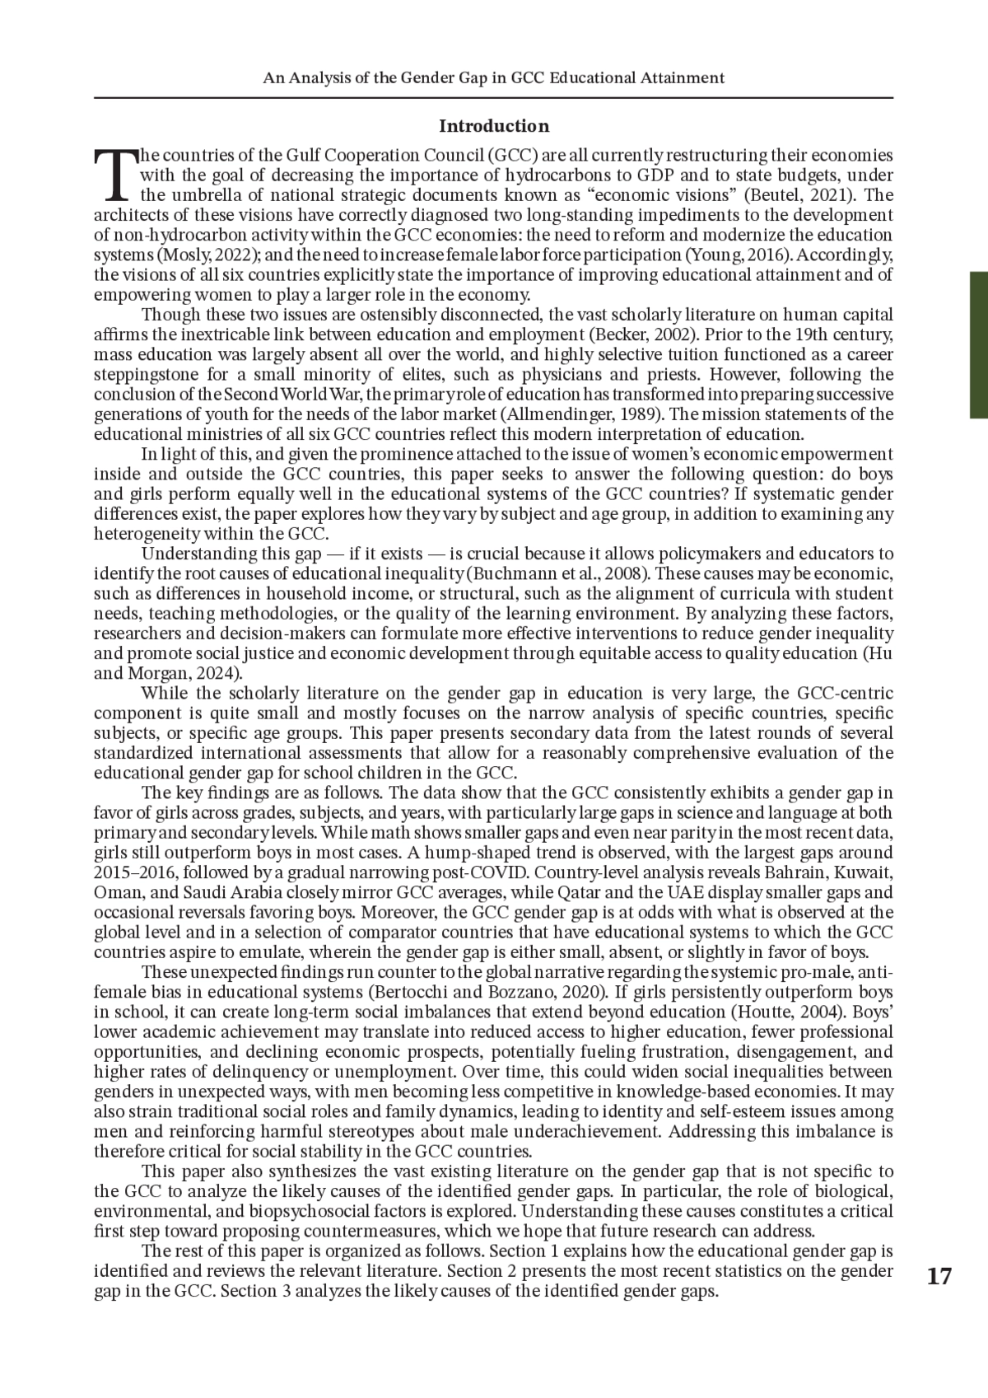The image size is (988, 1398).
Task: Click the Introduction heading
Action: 493,126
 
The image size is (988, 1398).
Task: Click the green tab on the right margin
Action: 979,346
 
